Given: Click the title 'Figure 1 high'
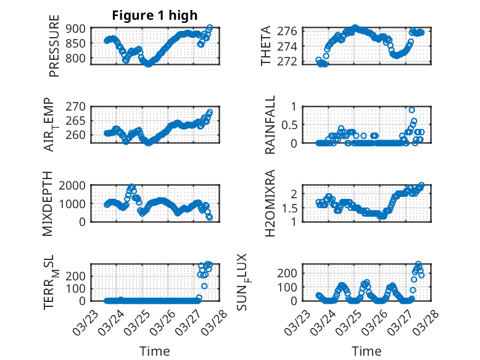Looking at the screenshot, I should (x=154, y=16).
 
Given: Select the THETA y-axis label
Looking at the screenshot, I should (x=267, y=46).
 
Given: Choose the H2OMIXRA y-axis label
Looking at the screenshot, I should (x=270, y=204).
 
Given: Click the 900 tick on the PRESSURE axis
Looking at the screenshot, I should (x=78, y=28).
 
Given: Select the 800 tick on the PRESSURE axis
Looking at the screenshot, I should (x=78, y=59).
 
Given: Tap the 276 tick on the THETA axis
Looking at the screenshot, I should (x=292, y=31).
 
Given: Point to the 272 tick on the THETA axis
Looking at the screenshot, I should (x=292, y=62).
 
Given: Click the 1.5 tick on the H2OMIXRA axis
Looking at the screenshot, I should (x=290, y=208).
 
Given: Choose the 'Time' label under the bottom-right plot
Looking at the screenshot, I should (x=366, y=351).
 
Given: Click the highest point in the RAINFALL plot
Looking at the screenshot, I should (x=412, y=110).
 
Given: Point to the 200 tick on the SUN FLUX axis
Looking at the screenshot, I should (x=291, y=272).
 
